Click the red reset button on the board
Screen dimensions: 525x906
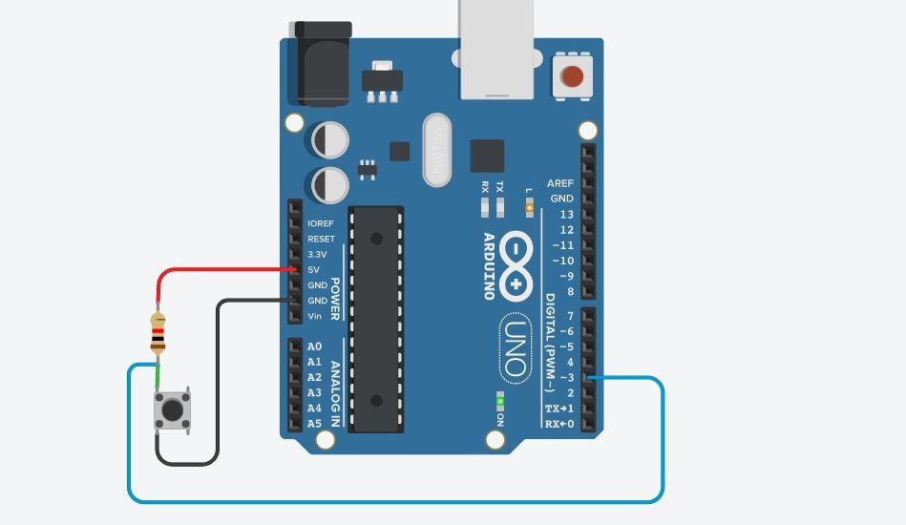pos(573,76)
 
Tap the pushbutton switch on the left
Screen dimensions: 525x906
pos(173,410)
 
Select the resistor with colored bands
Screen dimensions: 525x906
pos(158,333)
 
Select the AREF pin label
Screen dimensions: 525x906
pos(560,183)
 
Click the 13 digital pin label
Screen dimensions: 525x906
pos(567,215)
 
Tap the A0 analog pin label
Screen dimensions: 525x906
pos(314,346)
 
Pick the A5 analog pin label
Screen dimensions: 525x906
pos(314,424)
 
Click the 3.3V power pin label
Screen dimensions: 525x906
pos(317,255)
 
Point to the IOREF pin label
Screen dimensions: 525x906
pos(321,223)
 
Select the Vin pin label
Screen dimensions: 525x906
pos(315,316)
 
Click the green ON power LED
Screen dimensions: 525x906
pos(499,402)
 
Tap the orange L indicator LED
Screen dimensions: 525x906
pos(529,207)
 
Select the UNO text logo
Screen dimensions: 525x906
pos(516,347)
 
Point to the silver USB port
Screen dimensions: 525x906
pos(495,48)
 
